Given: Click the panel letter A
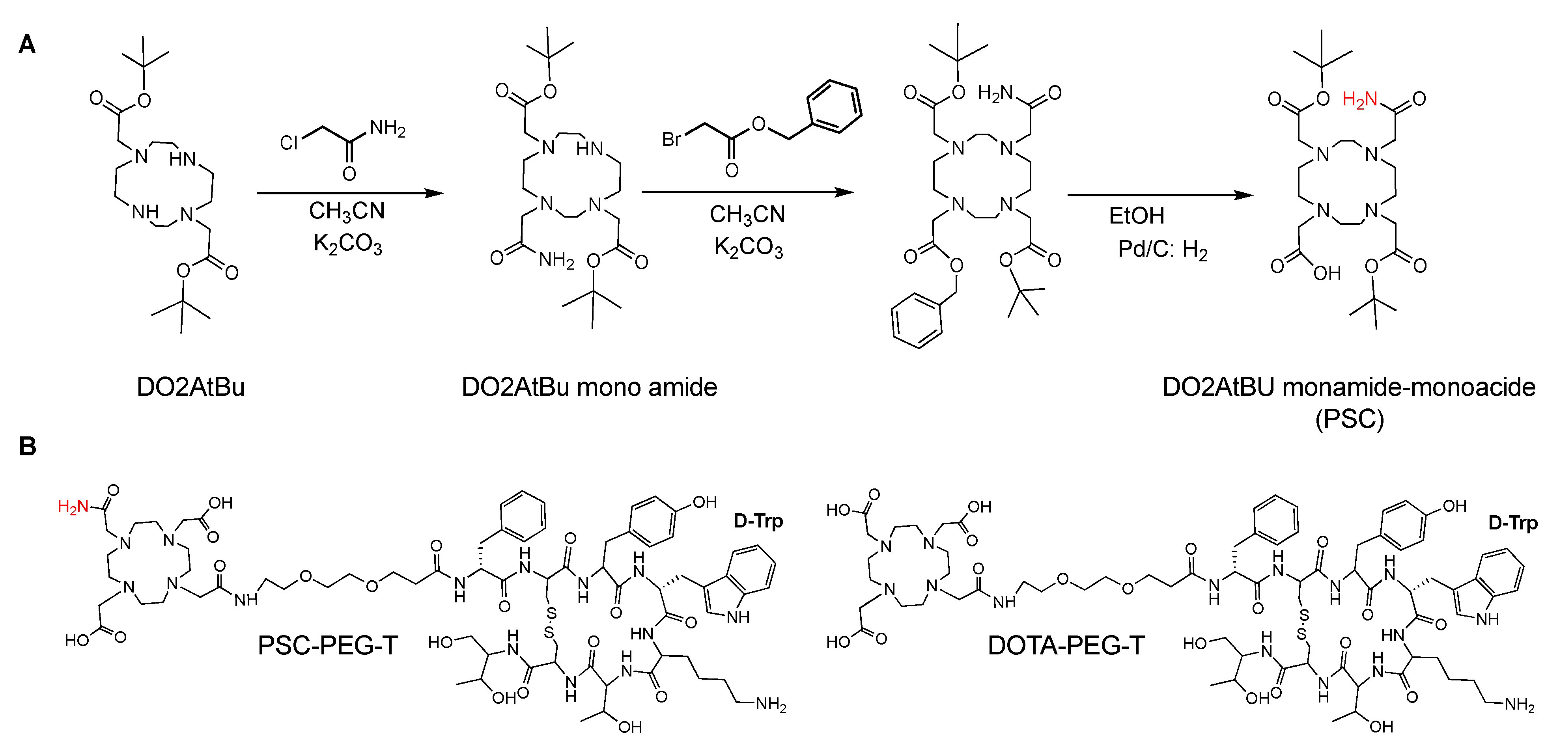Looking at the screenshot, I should click(27, 45).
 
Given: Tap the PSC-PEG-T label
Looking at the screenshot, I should click(327, 645).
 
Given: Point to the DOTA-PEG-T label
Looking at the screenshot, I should click(1066, 645).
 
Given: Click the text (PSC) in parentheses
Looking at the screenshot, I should click(1349, 419).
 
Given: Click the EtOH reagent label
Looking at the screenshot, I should click(1136, 215).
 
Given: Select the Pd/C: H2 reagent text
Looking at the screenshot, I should click(1162, 249).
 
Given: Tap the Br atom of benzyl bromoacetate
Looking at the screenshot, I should click(671, 139).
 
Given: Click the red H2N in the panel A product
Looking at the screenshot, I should click(1359, 99).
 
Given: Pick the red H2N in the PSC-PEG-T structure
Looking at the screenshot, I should click(73, 507).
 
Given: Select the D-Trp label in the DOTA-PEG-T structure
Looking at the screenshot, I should click(1512, 522).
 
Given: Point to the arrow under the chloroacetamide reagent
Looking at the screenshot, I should click(350, 193).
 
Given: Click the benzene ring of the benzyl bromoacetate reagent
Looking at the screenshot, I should click(834, 106).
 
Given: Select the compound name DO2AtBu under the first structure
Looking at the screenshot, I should click(190, 387).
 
